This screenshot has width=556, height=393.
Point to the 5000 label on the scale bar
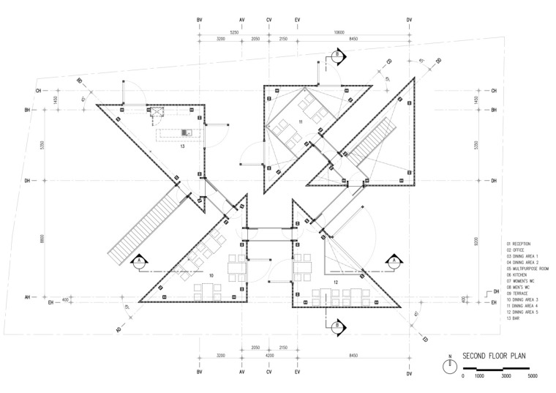(x=533, y=375)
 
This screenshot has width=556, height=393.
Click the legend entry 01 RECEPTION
(x=519, y=243)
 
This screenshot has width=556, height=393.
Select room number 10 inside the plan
(x=211, y=275)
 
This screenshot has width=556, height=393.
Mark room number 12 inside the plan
(x=336, y=282)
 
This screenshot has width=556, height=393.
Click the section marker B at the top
(x=337, y=56)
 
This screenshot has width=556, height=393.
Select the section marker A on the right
(x=394, y=261)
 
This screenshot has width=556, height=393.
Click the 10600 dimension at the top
(x=339, y=32)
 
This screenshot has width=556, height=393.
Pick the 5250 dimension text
(x=234, y=32)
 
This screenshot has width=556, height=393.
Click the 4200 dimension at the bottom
(x=268, y=355)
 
